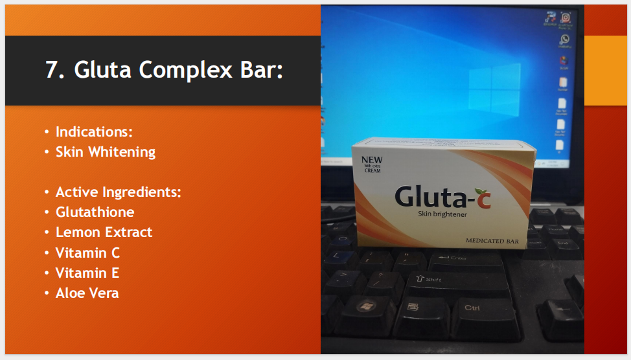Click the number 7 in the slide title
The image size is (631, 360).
[x=52, y=69]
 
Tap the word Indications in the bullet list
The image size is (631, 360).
[x=93, y=131]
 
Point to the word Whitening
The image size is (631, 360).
[x=122, y=152]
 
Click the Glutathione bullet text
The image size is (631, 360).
[x=95, y=212]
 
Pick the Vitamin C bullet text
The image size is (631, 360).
[x=87, y=253]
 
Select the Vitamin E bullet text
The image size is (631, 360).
[x=87, y=273]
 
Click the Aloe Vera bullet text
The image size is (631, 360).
[x=87, y=293]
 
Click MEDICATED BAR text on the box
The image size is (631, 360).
[x=492, y=241]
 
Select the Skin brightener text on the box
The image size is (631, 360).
[x=443, y=214]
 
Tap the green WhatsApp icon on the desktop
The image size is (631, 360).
[x=564, y=39]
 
